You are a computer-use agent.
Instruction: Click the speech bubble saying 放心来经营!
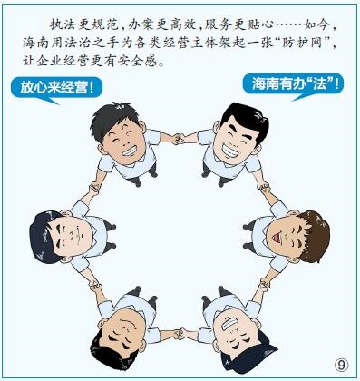(x=56, y=88)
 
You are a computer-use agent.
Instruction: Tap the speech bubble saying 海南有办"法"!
(x=294, y=84)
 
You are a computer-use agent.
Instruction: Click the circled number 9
(x=341, y=366)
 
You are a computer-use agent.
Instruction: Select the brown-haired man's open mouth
(x=276, y=238)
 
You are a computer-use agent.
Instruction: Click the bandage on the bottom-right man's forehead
(x=229, y=323)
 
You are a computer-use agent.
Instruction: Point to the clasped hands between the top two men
(x=179, y=139)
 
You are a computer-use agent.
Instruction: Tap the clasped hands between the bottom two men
(x=179, y=334)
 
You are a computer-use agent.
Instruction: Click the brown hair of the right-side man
(x=314, y=234)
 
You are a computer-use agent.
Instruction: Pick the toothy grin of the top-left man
(x=130, y=151)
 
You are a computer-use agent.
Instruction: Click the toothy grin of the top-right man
(x=230, y=149)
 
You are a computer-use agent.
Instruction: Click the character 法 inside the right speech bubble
(x=320, y=83)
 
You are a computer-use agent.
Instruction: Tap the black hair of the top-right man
(x=246, y=119)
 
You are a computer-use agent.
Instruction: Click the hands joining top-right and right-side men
(x=265, y=188)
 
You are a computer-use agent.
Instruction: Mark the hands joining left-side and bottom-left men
(x=94, y=285)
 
